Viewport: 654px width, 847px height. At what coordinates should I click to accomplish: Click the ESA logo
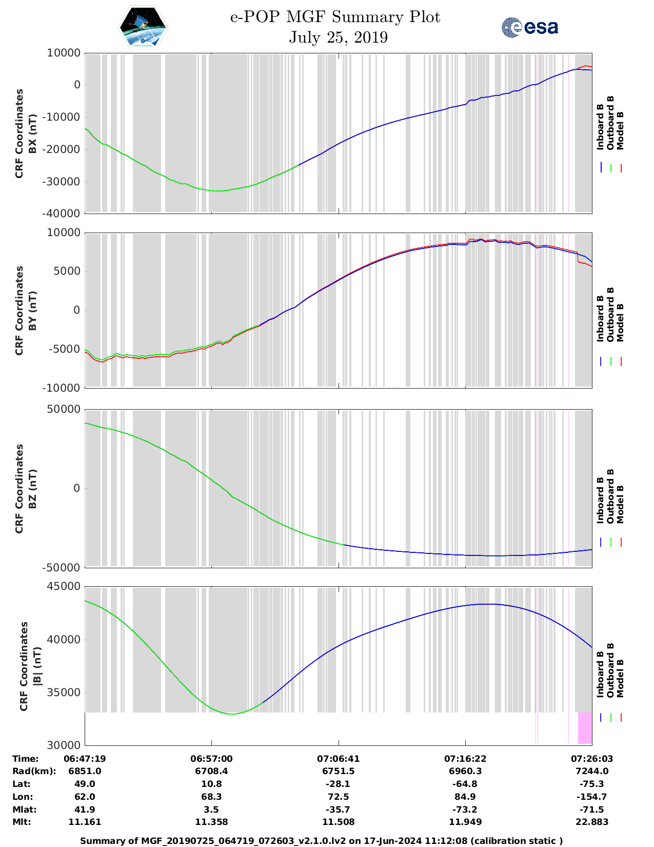[x=529, y=27]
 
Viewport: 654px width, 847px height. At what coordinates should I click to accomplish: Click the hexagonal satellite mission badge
[x=142, y=27]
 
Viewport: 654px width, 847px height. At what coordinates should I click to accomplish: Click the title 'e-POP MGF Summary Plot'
[x=335, y=17]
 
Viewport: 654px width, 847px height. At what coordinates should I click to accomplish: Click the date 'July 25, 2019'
[x=338, y=37]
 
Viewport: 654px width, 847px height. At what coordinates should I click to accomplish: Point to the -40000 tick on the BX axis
[x=63, y=214]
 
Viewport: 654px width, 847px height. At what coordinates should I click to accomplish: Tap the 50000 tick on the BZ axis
[x=63, y=410]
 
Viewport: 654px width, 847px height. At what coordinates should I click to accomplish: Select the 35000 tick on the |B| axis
[x=63, y=692]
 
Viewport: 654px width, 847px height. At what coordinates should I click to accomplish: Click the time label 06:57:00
[x=211, y=759]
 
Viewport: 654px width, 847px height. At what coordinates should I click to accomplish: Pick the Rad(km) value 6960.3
[x=465, y=771]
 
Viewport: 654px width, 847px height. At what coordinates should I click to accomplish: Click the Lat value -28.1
[x=338, y=784]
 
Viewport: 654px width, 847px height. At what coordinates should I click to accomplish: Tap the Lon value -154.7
[x=592, y=797]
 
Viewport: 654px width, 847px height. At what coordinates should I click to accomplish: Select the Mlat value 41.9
[x=85, y=810]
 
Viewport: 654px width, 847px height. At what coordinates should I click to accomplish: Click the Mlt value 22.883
[x=592, y=822]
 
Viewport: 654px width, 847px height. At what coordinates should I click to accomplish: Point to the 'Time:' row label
[x=26, y=759]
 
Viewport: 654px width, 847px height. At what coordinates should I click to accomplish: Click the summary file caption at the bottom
[x=321, y=841]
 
